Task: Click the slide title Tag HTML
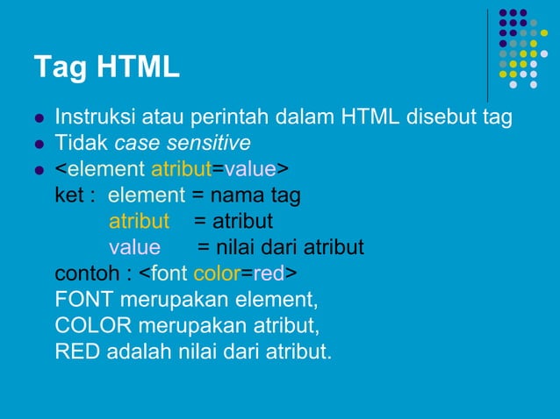coord(106,66)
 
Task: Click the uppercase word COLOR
coord(90,327)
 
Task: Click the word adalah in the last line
coord(135,353)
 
